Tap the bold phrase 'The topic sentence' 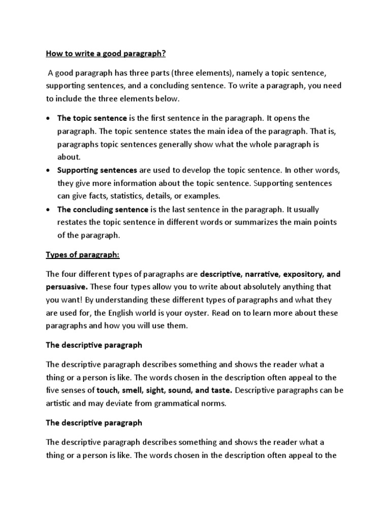click(x=92, y=118)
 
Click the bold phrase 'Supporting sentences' click(x=97, y=170)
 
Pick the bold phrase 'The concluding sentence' click(x=103, y=209)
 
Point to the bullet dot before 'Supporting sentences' click(x=48, y=170)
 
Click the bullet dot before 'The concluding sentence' click(x=48, y=210)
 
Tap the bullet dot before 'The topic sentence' click(x=48, y=119)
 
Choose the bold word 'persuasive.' click(x=67, y=287)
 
